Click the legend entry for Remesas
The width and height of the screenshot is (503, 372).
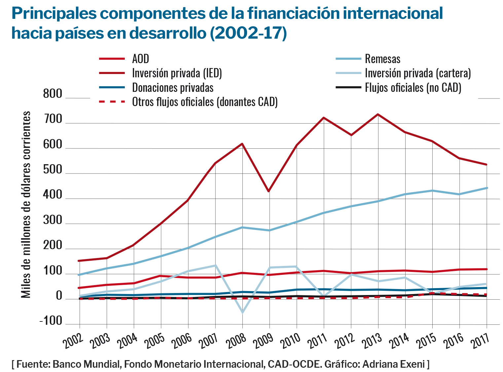click(x=382, y=59)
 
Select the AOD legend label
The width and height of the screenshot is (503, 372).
click(x=140, y=59)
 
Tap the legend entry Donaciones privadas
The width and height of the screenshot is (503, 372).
click(x=172, y=88)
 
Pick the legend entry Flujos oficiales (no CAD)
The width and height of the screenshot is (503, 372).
click(x=413, y=88)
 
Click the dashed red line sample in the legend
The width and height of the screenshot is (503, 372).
click(x=112, y=102)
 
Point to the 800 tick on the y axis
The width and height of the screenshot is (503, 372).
click(x=53, y=94)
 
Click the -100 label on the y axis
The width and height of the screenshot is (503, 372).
click(x=51, y=321)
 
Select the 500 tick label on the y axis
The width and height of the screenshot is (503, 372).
click(x=53, y=170)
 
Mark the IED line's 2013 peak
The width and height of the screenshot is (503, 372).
click(x=378, y=114)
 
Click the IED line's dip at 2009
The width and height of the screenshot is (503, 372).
click(x=269, y=191)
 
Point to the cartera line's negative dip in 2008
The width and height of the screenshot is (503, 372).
click(x=242, y=312)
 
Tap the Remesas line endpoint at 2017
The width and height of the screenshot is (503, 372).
click(x=486, y=188)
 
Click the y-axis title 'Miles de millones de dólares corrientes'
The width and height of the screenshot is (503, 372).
click(x=26, y=205)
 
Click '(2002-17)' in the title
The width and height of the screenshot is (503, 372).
click(x=248, y=33)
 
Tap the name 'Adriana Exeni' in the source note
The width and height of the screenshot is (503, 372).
click(x=393, y=364)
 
